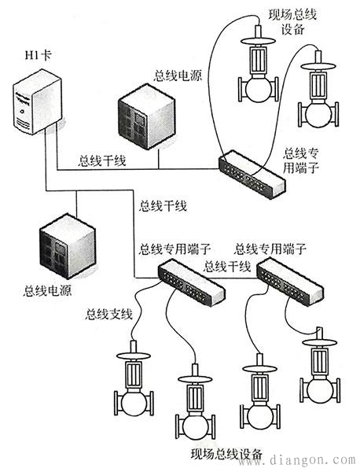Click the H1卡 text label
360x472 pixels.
pos(38,56)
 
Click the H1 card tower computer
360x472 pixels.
pos(37,101)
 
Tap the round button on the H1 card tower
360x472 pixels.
pos(21,111)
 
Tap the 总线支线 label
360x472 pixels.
pos(109,314)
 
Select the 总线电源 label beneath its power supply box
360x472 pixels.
pos(47,291)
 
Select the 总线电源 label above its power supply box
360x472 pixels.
pos(178,76)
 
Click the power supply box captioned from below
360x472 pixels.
pos(68,245)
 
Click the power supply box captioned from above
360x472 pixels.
pos(146,116)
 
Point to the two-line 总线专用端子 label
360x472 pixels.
pos(300,160)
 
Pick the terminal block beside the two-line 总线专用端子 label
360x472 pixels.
pos(252,175)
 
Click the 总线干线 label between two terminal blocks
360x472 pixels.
pos(227,266)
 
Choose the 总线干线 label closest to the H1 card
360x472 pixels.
pos(102,160)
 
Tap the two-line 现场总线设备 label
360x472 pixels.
pos(292,22)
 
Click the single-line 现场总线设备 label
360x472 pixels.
pos(226,454)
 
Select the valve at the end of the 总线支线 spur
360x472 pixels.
pos(134,378)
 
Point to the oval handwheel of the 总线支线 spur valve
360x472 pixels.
pos(134,356)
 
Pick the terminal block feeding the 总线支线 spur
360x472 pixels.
pos(192,284)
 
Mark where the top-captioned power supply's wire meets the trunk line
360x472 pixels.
pos(158,169)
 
